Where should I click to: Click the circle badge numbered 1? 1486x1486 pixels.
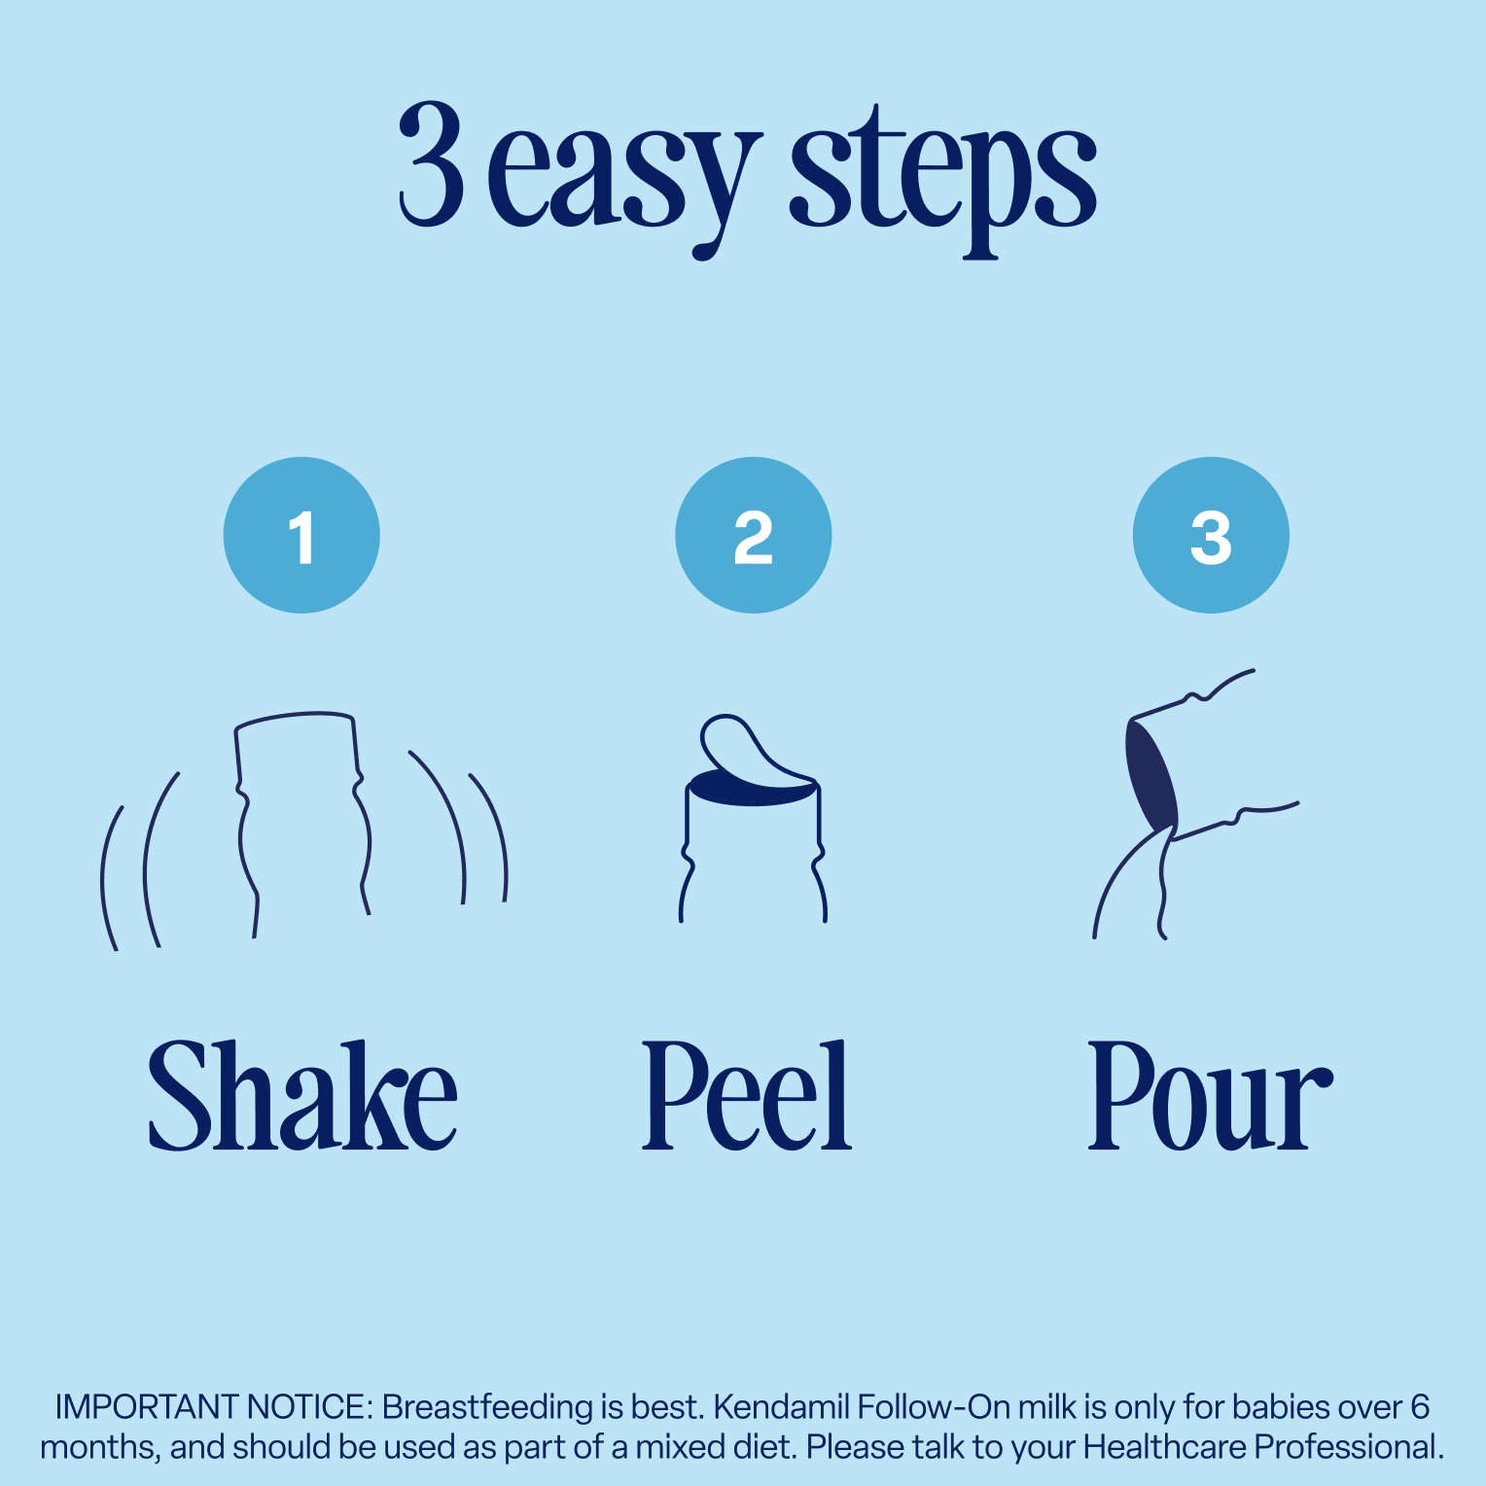(301, 535)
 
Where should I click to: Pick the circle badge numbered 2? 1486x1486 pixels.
(754, 535)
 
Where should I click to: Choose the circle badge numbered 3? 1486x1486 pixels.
(1211, 535)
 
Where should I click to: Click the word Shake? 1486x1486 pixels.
(302, 1096)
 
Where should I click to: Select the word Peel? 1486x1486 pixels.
(747, 1096)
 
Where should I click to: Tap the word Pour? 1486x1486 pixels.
(1210, 1096)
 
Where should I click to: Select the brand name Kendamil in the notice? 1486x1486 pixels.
(781, 1407)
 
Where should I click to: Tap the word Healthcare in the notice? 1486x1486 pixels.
(1163, 1447)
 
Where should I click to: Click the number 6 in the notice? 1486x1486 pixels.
(1420, 1407)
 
